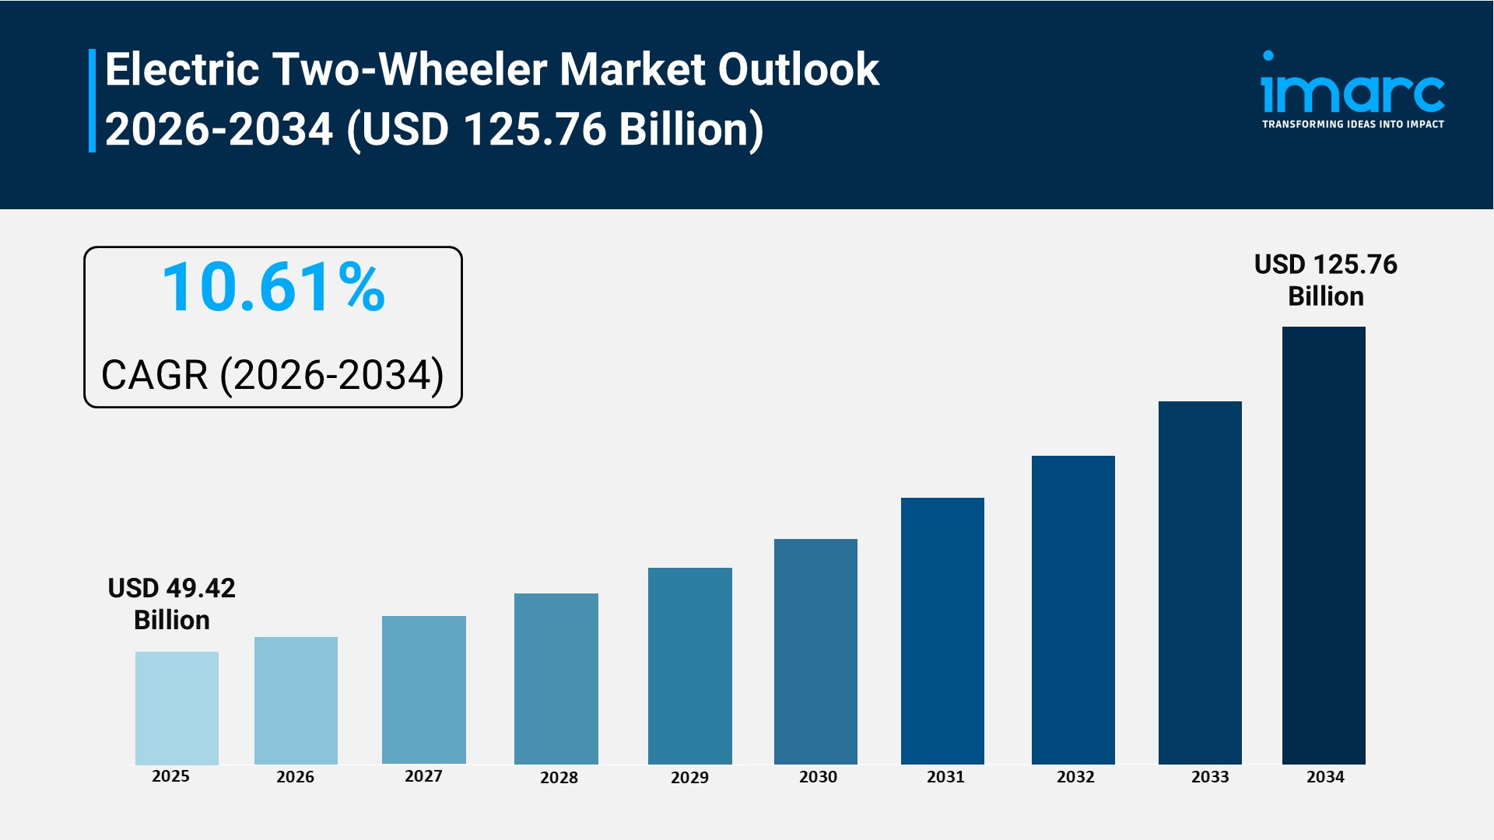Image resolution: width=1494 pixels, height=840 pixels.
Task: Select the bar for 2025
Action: [x=177, y=708]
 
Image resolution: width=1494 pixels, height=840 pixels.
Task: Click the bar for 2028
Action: [x=556, y=678]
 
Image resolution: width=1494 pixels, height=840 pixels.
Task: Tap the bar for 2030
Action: [x=815, y=651]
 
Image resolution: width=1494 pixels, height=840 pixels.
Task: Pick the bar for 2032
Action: [x=1073, y=610]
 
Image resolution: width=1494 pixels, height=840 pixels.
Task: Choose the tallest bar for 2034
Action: [x=1324, y=544]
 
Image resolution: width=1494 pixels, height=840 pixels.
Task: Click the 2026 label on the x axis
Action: [x=295, y=776]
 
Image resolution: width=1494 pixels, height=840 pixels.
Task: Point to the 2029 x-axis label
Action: [x=689, y=777]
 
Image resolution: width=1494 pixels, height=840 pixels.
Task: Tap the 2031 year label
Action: [x=945, y=776]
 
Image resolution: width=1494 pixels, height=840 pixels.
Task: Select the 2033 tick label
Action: [x=1210, y=776]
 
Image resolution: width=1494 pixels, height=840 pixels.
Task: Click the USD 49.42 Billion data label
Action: [x=171, y=604]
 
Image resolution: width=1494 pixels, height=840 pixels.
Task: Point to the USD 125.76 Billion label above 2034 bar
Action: [x=1325, y=280]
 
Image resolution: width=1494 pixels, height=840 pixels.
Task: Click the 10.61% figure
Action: [x=273, y=288]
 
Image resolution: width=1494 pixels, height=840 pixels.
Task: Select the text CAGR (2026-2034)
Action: [x=272, y=375]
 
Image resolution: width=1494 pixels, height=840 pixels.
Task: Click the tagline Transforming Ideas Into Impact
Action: [x=1352, y=124]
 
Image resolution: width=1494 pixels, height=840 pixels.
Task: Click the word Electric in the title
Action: [x=182, y=69]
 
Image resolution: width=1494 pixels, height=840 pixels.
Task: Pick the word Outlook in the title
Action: [x=798, y=69]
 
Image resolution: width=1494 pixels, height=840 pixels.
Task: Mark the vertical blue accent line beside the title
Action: [x=92, y=100]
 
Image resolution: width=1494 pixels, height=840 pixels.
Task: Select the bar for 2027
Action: [x=423, y=689]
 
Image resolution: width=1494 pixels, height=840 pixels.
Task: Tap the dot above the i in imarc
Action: [x=1268, y=56]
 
